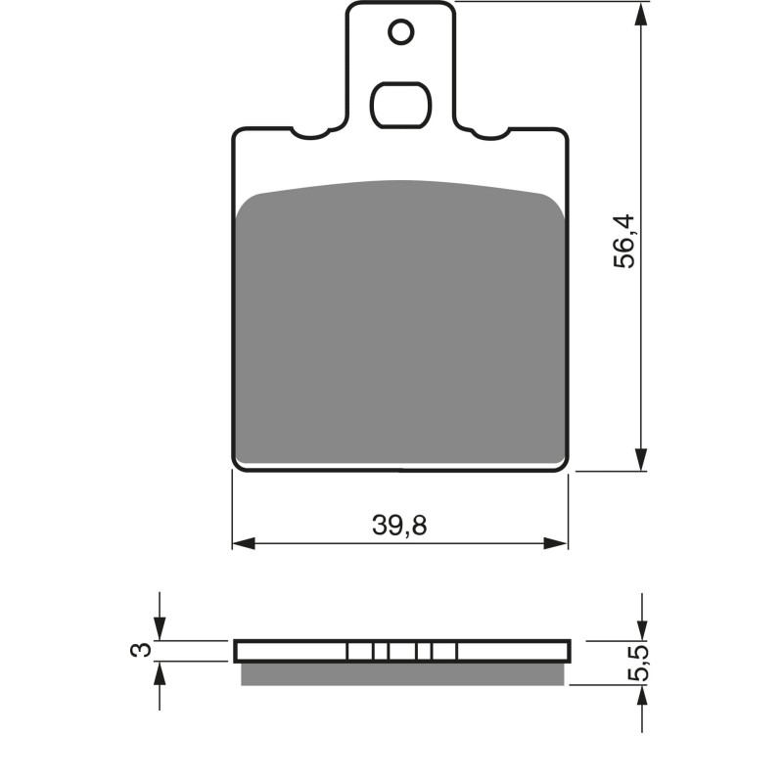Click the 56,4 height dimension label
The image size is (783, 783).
coord(624,242)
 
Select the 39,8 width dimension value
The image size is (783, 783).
coord(399,526)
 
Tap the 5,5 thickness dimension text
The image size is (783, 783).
coord(639,664)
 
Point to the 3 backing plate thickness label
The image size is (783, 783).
coord(140,650)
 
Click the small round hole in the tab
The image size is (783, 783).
coord(401,33)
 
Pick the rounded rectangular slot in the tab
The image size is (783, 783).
coord(401,105)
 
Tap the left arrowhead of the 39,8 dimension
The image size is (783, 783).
coord(244,543)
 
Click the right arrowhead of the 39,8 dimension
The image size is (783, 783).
coord(556,543)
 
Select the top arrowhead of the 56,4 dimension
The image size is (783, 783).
coord(641,14)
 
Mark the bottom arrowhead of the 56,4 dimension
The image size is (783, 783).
coord(641,459)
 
